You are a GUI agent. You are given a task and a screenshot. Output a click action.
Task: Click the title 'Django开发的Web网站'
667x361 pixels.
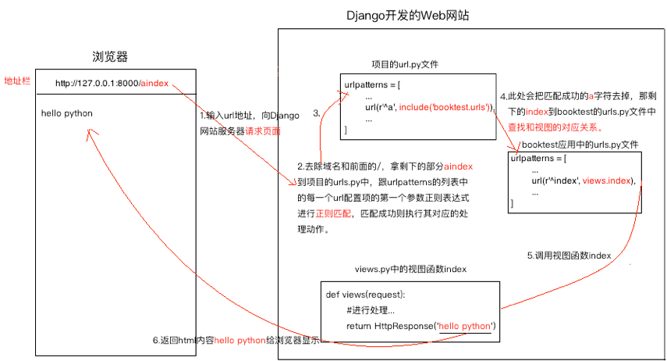407,16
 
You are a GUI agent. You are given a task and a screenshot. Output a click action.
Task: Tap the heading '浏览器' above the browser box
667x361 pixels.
110,57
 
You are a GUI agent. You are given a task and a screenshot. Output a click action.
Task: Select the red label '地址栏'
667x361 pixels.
17,81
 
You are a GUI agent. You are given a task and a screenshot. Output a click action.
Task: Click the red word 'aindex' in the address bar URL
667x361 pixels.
154,83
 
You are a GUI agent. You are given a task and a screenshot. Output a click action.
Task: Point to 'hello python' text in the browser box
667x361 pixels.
67,113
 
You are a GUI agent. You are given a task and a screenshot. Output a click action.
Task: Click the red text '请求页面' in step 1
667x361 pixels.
263,131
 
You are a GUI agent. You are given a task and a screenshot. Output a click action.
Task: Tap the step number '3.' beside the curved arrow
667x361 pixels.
317,113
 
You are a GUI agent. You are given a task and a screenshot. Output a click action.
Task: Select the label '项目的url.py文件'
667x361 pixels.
405,64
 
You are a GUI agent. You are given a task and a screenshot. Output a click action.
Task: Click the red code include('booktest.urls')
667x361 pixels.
445,107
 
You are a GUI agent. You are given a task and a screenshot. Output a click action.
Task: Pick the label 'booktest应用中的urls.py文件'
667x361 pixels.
580,145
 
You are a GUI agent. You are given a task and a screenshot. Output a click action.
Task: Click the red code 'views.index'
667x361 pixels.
607,180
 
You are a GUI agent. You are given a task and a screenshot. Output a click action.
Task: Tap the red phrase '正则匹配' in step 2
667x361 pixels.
334,213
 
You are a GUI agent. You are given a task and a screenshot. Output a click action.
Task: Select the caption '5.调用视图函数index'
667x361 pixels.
569,256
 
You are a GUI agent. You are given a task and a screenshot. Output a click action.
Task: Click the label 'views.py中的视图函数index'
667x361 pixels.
410,269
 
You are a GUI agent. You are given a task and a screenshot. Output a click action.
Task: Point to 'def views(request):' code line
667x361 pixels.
365,295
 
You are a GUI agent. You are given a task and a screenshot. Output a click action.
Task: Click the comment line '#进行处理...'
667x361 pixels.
371,310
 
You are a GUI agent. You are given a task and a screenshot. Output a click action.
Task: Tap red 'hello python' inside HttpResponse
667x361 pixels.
464,326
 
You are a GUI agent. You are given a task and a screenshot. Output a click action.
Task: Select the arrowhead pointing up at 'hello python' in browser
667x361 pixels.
90,133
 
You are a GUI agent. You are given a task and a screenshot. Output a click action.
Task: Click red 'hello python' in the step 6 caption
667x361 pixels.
240,341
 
